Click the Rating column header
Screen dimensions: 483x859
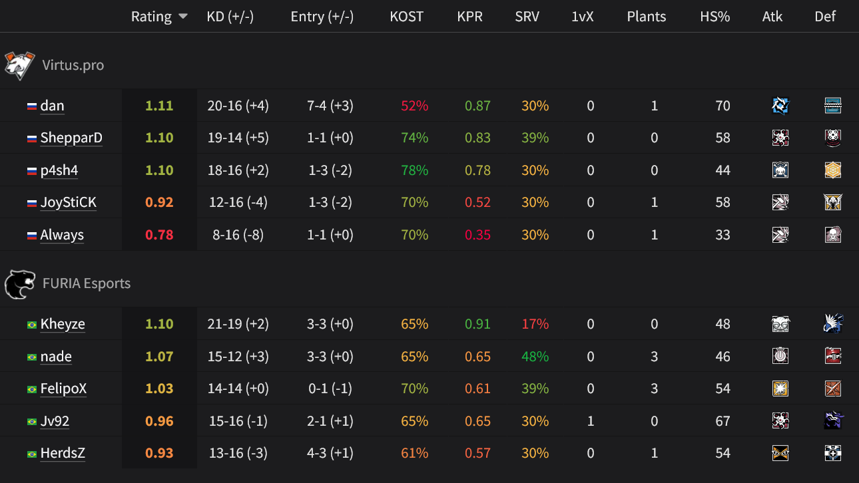click(x=151, y=17)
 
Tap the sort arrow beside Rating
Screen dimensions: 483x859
click(x=182, y=17)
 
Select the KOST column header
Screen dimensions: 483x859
click(x=406, y=17)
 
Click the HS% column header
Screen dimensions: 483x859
click(x=715, y=17)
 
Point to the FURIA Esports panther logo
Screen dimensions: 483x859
click(x=20, y=283)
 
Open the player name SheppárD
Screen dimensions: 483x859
click(x=71, y=138)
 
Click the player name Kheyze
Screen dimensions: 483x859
click(x=63, y=324)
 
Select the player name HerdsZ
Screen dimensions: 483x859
click(x=63, y=453)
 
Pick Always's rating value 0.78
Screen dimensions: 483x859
click(x=159, y=235)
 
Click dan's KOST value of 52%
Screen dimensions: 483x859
click(x=414, y=106)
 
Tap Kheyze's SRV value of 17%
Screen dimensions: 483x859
click(x=535, y=324)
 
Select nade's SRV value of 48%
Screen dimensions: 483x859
click(x=535, y=357)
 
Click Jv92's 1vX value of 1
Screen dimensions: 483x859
click(x=590, y=421)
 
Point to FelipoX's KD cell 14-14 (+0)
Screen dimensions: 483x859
click(x=238, y=389)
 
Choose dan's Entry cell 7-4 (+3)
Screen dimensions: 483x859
click(x=330, y=106)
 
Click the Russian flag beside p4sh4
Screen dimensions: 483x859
click(x=31, y=171)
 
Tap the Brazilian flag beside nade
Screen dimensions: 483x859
click(x=31, y=357)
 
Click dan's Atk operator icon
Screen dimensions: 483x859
click(x=780, y=105)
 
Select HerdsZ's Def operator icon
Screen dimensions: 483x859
click(x=832, y=453)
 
